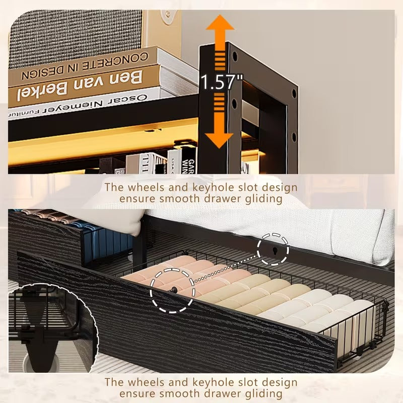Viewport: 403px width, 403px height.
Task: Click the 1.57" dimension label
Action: click(x=222, y=82)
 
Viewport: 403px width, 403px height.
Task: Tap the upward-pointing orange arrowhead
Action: click(x=220, y=25)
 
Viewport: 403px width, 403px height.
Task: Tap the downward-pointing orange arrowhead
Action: click(x=220, y=140)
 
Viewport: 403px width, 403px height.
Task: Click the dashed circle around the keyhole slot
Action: click(x=273, y=248)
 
